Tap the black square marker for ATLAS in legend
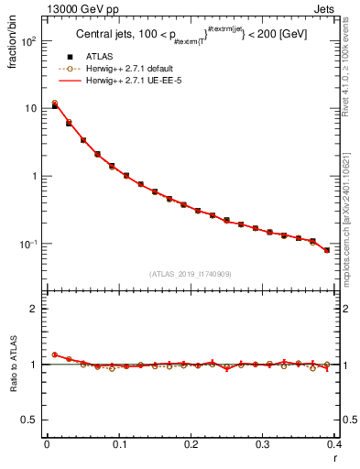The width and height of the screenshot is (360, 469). click(70, 58)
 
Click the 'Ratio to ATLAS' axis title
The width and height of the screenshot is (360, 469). click(12, 365)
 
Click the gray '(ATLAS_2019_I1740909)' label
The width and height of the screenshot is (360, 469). click(190, 273)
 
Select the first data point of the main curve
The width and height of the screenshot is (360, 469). click(54, 105)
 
